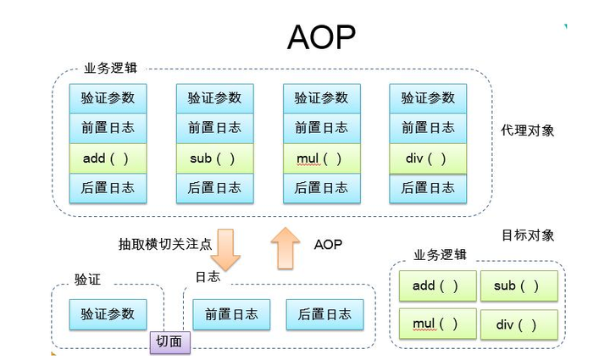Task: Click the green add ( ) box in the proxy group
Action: (x=108, y=158)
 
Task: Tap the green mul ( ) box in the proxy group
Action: (x=321, y=158)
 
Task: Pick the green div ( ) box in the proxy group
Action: (x=428, y=158)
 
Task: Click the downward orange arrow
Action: (x=225, y=246)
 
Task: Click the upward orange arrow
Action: (x=286, y=246)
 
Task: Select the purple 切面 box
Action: (x=169, y=341)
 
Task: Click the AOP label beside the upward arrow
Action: (x=328, y=244)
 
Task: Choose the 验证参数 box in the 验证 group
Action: (x=108, y=313)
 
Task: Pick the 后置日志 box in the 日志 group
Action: (x=324, y=313)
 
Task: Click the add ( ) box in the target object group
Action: (x=435, y=286)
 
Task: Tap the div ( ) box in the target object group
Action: (x=518, y=324)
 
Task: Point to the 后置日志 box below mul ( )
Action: (x=321, y=188)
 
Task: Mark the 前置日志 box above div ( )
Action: (x=428, y=129)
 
